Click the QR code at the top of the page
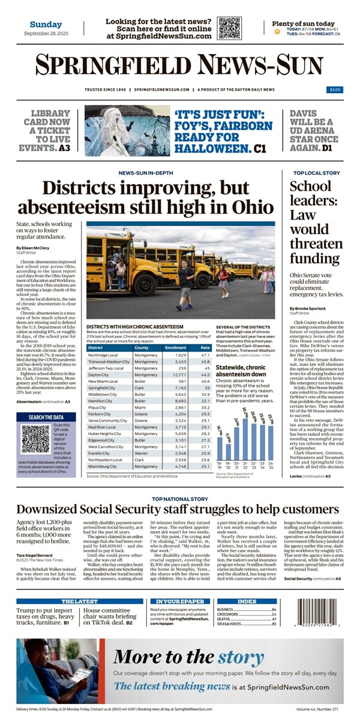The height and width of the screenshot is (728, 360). tap(229, 28)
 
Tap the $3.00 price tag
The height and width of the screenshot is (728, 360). tap(334, 89)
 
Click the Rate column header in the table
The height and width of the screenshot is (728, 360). tap(205, 347)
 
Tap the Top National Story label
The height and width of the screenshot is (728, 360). tap(180, 498)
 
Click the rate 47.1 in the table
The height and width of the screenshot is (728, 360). tap(205, 356)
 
